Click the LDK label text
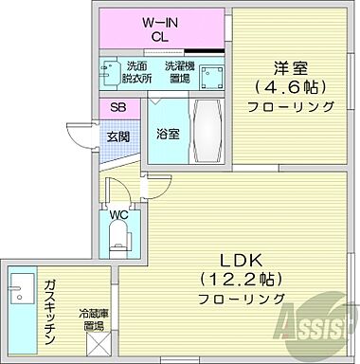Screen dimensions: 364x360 point(242,260)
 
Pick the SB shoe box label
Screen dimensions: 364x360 point(117,108)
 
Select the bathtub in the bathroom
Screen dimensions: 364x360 point(205,134)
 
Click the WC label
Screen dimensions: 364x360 point(118,214)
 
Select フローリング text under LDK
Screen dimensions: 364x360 point(242,299)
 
